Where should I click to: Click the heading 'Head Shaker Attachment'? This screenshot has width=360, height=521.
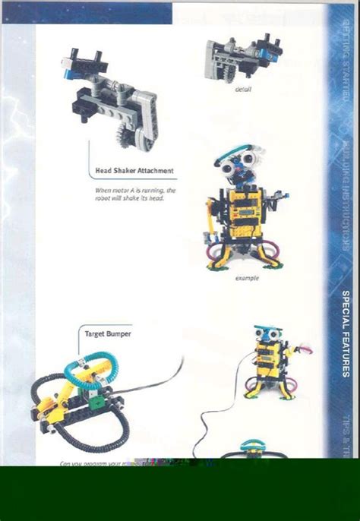click(134, 171)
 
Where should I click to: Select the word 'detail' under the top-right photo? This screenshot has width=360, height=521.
click(243, 89)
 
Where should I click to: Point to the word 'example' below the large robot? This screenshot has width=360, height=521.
click(247, 278)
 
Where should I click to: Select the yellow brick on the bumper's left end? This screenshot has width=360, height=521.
click(50, 410)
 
